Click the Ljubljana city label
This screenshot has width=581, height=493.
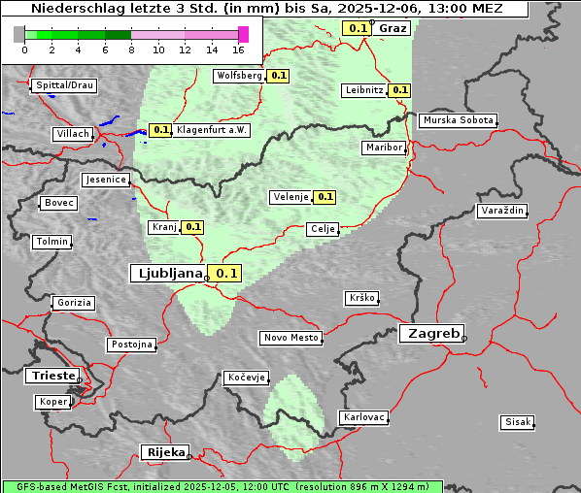click(167, 274)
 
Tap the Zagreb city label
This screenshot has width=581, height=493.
click(430, 333)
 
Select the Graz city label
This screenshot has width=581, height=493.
click(393, 28)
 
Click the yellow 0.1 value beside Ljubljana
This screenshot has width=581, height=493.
click(226, 274)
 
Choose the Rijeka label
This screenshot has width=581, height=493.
click(166, 452)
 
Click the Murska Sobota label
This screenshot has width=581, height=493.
click(458, 121)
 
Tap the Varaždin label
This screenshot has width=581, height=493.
click(502, 211)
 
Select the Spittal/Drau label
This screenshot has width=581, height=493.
click(64, 85)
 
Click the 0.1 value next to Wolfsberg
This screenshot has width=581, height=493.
click(279, 75)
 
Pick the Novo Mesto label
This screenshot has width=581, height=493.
click(290, 338)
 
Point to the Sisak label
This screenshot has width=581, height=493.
click(517, 422)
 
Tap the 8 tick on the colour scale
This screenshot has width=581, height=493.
click(131, 49)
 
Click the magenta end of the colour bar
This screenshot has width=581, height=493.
click(243, 34)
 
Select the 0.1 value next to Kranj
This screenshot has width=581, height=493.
click(192, 227)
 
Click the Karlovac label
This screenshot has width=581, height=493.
click(364, 417)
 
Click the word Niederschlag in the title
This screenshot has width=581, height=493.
click(73, 9)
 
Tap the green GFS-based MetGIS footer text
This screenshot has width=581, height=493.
click(222, 486)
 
